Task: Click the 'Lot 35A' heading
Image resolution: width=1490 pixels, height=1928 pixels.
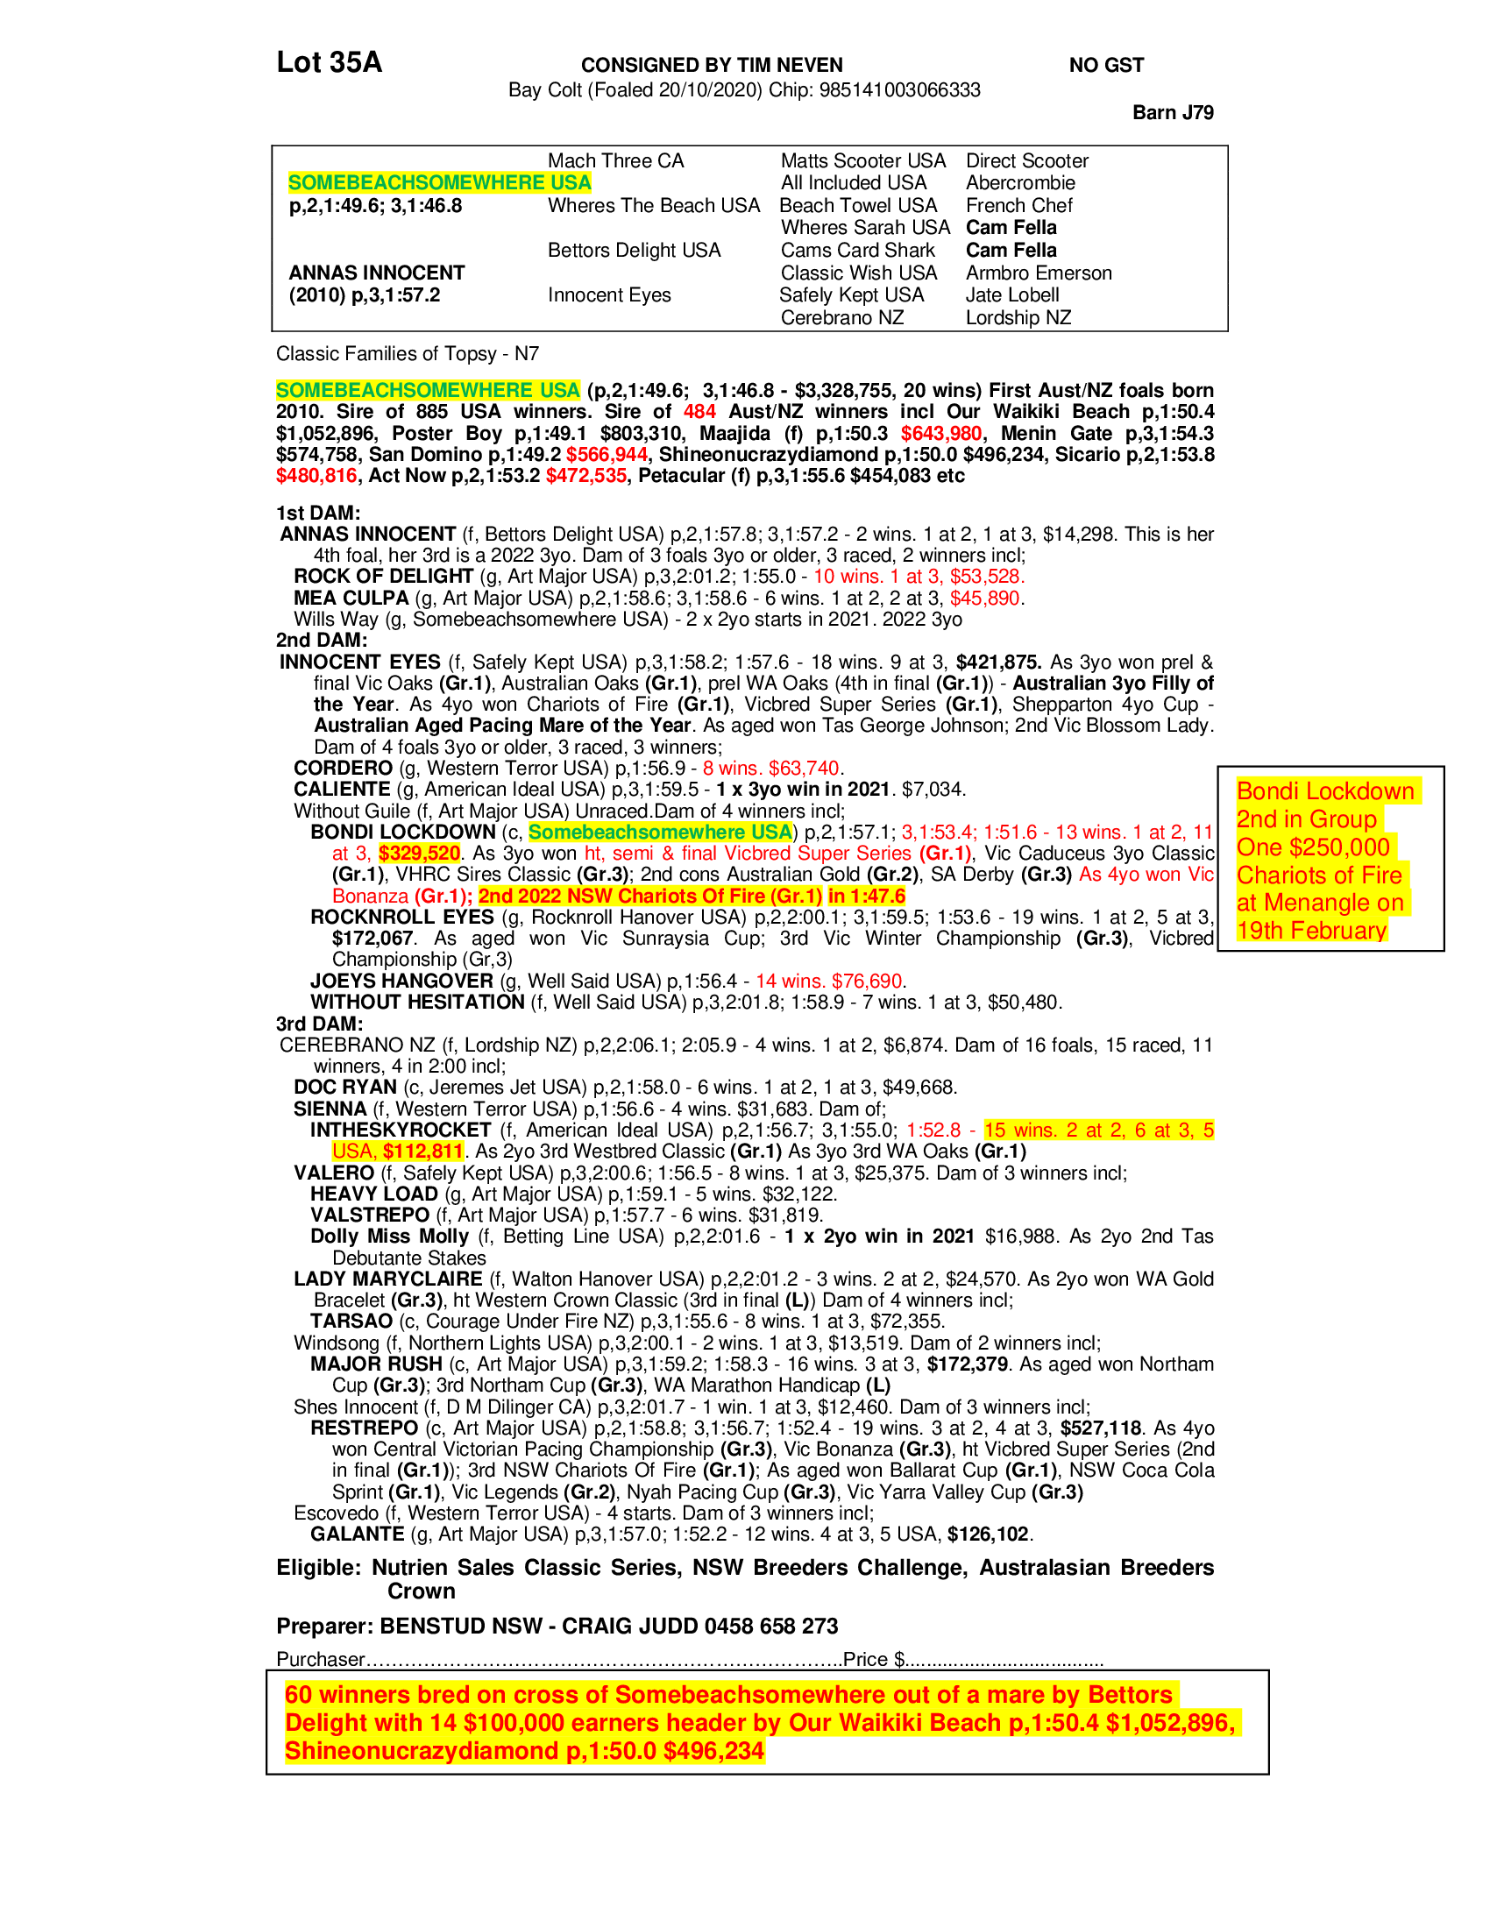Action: (x=329, y=62)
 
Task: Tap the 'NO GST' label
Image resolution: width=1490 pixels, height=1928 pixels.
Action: (x=1105, y=66)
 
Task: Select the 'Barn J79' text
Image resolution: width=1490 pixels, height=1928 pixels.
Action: (x=1172, y=112)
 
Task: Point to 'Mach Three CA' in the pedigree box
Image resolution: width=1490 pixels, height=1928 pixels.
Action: (x=615, y=160)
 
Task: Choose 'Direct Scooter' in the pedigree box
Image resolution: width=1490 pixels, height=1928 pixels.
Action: (x=1026, y=160)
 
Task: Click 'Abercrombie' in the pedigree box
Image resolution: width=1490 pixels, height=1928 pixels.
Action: (x=1019, y=183)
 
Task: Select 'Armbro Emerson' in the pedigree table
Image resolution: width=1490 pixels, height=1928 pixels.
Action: (x=1038, y=273)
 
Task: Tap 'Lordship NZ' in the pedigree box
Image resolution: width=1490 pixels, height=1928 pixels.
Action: (x=1018, y=318)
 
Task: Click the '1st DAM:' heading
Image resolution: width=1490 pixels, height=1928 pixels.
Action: (x=318, y=513)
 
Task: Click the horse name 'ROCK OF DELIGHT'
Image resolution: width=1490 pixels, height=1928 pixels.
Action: (x=383, y=577)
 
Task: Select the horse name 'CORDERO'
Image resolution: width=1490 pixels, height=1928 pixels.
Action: (x=343, y=768)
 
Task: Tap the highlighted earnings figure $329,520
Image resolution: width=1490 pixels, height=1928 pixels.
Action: (x=419, y=854)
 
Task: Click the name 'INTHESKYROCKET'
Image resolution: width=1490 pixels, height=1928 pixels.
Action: (x=400, y=1130)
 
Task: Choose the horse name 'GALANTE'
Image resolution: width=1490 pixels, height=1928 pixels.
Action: (x=357, y=1535)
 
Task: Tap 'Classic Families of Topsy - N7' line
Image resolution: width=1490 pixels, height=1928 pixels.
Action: (x=407, y=354)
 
